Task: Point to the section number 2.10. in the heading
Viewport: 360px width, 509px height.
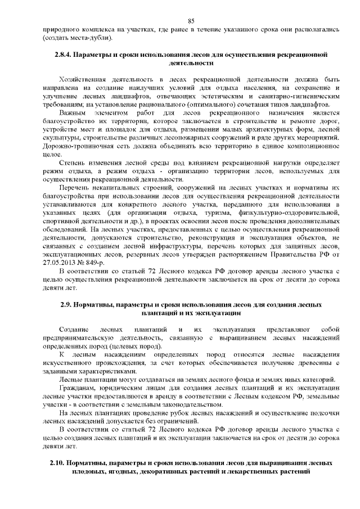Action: (x=58, y=462)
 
